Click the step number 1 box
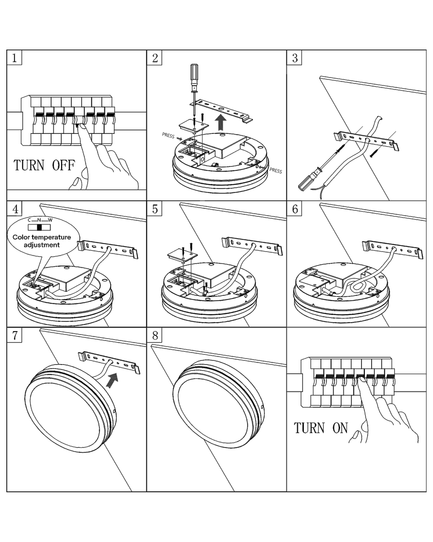pyautogui.click(x=14, y=58)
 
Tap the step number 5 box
pyautogui.click(x=155, y=209)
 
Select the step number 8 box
pyautogui.click(x=155, y=335)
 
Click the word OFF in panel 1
pyautogui.click(x=63, y=165)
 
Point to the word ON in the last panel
pyautogui.click(x=340, y=428)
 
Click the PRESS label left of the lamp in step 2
pyautogui.click(x=168, y=135)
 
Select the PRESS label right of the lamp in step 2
pyautogui.click(x=276, y=171)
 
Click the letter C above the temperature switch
pyautogui.click(x=30, y=220)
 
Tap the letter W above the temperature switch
pyautogui.click(x=50, y=220)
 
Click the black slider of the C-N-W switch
pyautogui.click(x=40, y=227)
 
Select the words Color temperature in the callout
pyautogui.click(x=42, y=237)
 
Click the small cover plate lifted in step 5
pyautogui.click(x=183, y=255)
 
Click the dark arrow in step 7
pyautogui.click(x=111, y=380)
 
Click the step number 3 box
pyautogui.click(x=295, y=58)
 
